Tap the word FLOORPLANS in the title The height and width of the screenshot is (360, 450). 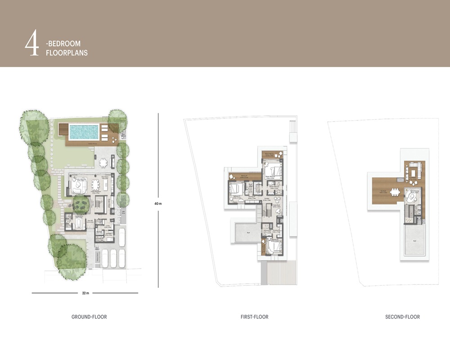[x=67, y=53]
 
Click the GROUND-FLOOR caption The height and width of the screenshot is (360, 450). [x=89, y=317]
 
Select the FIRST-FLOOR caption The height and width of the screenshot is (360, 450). [x=254, y=317]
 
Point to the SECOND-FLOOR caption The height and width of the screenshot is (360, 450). [x=402, y=317]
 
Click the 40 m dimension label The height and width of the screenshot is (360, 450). [x=157, y=203]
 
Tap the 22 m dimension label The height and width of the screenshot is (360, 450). [x=85, y=293]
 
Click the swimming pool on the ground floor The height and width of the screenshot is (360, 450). [x=84, y=131]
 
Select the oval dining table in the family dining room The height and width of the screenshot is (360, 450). [x=95, y=184]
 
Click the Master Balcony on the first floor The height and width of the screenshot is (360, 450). [x=273, y=154]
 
